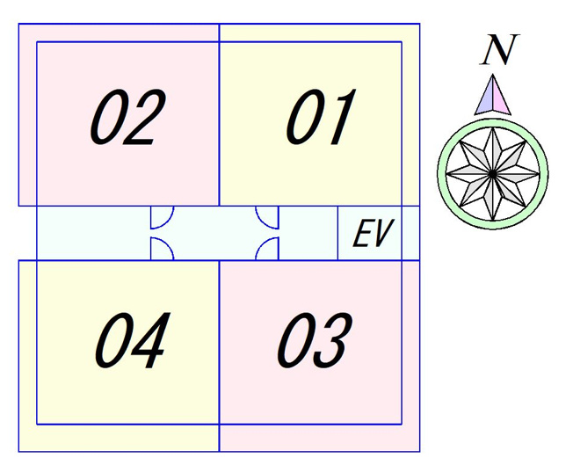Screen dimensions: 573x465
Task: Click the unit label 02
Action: (128, 117)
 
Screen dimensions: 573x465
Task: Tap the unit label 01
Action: (321, 117)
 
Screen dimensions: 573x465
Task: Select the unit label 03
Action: (315, 340)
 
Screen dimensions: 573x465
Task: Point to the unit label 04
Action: (133, 340)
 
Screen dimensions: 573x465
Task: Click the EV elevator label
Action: (373, 233)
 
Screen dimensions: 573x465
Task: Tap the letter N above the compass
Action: (499, 50)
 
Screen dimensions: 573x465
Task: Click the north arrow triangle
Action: (493, 95)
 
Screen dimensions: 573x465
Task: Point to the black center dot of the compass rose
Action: (493, 174)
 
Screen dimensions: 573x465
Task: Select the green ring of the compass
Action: (493, 121)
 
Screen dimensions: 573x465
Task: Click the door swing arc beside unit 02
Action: (166, 224)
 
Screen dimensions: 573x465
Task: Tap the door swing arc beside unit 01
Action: (263, 224)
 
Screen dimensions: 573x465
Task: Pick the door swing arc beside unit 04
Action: (167, 243)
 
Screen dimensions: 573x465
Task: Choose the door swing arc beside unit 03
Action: (263, 243)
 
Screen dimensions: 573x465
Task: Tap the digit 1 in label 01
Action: (339, 117)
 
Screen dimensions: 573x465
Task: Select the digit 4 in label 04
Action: (150, 340)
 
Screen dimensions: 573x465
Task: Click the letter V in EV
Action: (384, 233)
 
